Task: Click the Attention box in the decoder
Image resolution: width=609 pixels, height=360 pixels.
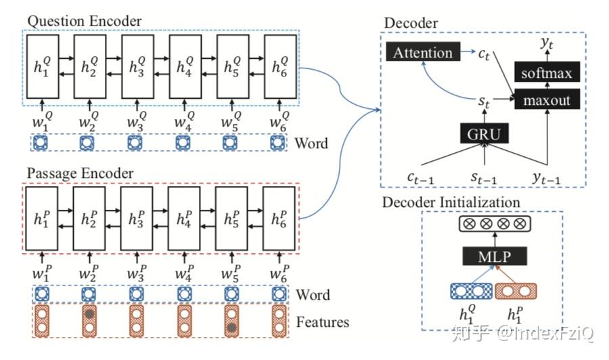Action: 423,52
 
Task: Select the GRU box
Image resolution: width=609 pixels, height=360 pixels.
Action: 485,133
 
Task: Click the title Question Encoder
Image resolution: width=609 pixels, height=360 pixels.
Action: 84,20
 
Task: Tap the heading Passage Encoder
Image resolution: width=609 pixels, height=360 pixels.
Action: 80,173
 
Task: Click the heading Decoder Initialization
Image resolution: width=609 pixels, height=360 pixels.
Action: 451,202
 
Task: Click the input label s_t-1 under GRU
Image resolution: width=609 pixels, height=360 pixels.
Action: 484,177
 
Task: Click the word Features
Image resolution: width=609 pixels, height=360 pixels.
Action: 323,321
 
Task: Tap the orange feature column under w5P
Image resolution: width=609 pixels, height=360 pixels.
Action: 231,321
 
